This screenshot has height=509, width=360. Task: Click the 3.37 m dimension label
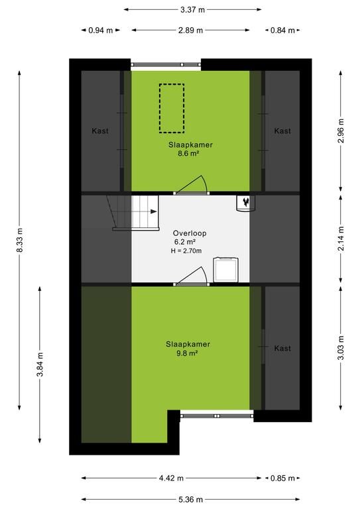click(192, 10)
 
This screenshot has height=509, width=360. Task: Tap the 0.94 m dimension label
click(101, 30)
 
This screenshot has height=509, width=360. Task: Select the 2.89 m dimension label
click(190, 30)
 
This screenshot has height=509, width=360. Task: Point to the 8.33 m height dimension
click(20, 240)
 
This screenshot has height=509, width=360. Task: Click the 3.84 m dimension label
click(40, 365)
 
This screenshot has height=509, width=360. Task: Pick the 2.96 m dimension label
click(341, 131)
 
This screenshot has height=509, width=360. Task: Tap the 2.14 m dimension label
click(341, 239)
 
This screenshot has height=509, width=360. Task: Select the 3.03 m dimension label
click(341, 348)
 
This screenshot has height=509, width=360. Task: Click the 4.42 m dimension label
click(171, 478)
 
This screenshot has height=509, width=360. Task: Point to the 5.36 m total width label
click(190, 499)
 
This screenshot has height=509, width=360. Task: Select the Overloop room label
click(190, 233)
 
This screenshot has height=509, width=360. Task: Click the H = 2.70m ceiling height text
click(186, 251)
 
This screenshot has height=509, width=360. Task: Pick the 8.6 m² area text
click(188, 154)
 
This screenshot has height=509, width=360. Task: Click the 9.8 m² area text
click(188, 353)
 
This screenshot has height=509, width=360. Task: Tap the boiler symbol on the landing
click(246, 203)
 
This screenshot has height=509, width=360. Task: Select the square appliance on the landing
click(226, 270)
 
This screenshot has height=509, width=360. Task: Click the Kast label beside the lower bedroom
click(282, 349)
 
